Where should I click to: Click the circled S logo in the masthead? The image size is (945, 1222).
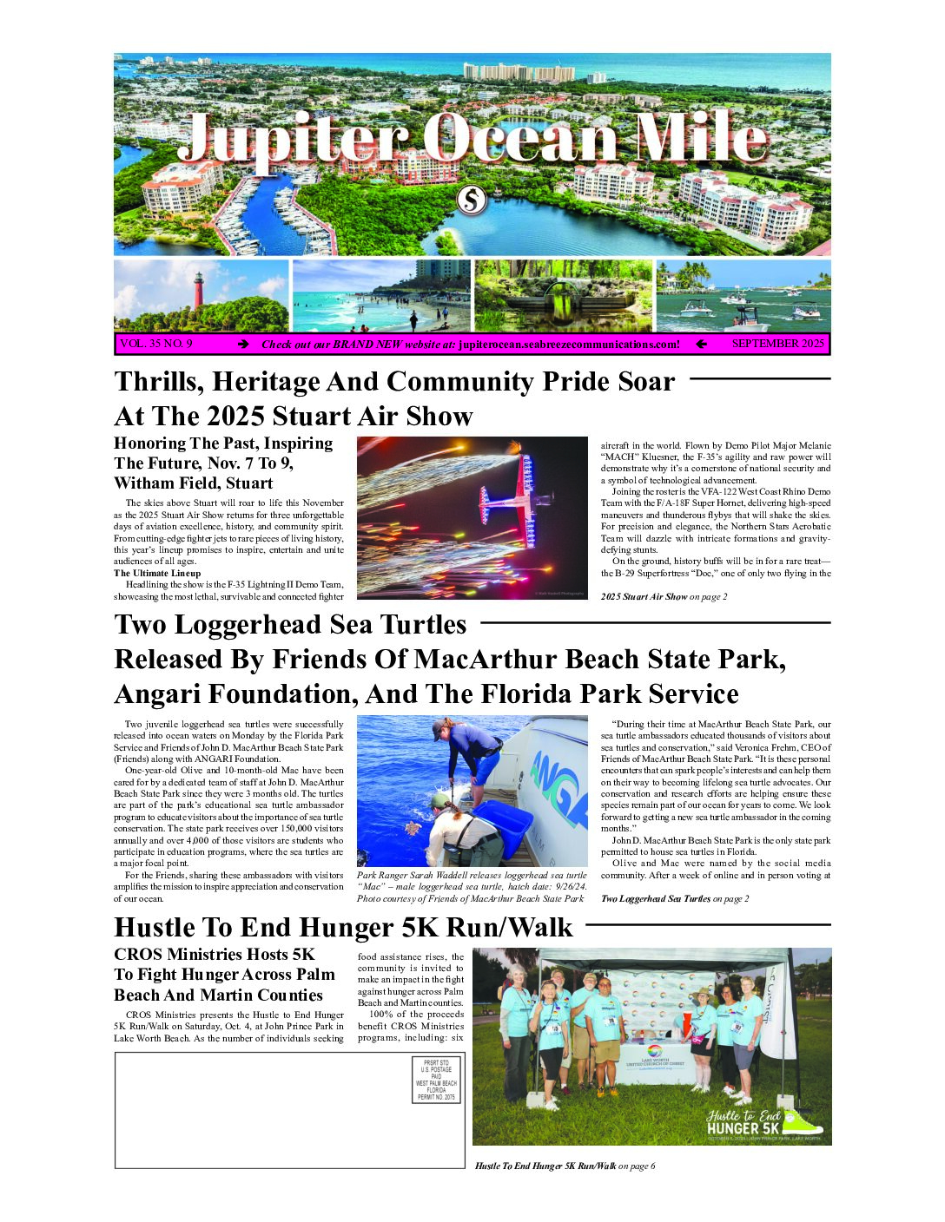tap(472, 200)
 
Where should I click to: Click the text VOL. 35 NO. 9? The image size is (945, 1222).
tap(156, 344)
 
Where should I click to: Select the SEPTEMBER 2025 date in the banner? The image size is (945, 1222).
tap(777, 344)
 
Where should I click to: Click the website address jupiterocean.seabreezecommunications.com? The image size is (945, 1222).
tap(569, 345)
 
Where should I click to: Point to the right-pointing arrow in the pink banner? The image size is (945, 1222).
tap(244, 345)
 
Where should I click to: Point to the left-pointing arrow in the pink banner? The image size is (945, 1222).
tap(701, 345)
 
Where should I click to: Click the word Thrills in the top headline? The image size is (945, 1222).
tap(157, 382)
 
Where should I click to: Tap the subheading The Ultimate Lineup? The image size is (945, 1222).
tap(157, 573)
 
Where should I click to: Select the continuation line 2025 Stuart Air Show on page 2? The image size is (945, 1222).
tap(664, 596)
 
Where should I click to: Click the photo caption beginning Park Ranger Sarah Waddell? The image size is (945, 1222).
tap(472, 886)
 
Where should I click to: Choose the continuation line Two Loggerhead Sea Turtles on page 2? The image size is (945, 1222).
tap(675, 898)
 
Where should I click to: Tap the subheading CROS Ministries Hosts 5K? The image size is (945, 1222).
tap(215, 955)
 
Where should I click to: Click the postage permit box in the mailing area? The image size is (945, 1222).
tap(436, 1080)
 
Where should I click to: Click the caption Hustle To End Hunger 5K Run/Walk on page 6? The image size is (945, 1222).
tap(565, 1166)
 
